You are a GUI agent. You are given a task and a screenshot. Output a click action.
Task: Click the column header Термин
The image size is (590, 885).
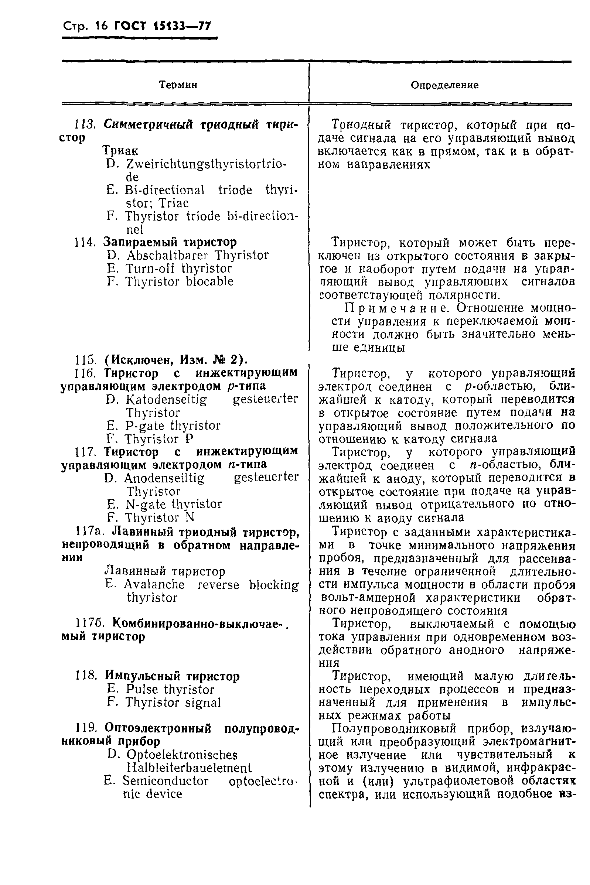coord(178,85)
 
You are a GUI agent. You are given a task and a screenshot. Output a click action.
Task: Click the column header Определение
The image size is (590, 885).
coord(444,85)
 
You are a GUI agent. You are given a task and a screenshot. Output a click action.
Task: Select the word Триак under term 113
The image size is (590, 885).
coord(120,151)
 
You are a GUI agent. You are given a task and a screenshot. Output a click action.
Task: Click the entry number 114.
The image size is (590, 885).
coord(85,242)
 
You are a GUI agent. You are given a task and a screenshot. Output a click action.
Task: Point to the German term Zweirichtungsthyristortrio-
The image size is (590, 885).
coord(206,164)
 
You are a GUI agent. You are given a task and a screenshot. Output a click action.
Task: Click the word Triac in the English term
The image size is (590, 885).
coord(174,204)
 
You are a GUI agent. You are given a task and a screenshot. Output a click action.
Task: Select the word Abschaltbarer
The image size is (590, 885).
coord(167,255)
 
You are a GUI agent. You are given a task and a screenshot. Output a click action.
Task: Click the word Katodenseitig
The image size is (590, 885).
coord(166,399)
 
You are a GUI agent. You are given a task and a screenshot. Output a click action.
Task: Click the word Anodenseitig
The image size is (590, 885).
coord(164,478)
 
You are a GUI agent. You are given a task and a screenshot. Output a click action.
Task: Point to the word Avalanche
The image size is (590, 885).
coord(154,585)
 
